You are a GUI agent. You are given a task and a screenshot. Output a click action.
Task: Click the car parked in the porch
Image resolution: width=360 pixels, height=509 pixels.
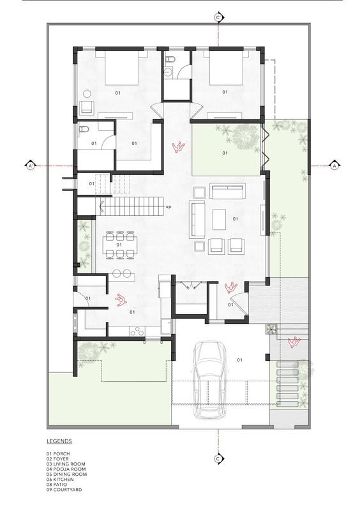211,380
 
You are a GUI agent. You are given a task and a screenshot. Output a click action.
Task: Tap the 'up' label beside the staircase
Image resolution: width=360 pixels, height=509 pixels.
169,207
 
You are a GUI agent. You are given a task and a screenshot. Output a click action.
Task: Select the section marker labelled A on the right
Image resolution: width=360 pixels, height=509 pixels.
334,165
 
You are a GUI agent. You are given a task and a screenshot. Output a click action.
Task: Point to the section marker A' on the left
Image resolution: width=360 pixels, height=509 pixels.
30,166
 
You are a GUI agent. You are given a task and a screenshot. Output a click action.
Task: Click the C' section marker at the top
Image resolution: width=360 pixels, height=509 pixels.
218,18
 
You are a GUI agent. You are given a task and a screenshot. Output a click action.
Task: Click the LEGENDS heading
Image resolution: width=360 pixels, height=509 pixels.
59,441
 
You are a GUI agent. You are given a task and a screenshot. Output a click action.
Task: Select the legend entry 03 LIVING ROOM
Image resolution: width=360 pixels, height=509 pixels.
66,464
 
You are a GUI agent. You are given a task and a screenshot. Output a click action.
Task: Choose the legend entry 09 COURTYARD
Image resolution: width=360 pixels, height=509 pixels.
64,490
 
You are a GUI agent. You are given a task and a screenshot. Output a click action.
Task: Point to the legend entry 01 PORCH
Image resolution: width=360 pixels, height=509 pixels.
58,453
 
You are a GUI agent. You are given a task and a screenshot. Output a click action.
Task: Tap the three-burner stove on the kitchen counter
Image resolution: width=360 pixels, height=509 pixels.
138,331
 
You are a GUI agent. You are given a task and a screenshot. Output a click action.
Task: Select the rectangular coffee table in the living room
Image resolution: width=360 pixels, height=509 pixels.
219,220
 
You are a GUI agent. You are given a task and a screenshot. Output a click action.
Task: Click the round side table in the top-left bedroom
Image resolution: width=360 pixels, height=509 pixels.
87,93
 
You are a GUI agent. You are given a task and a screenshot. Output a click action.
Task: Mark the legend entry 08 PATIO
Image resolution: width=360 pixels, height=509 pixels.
57,484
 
